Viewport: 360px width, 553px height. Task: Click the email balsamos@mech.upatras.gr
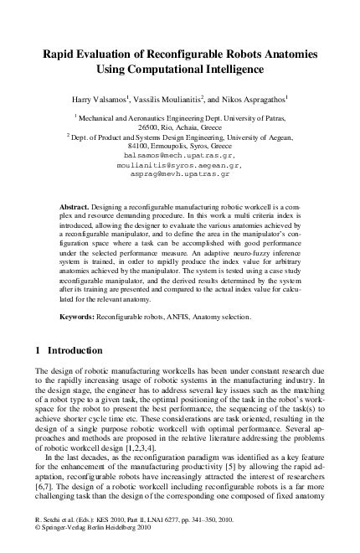pos(180,156)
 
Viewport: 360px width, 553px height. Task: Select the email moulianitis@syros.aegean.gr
pos(180,166)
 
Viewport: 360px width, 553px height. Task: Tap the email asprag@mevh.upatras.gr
pos(180,176)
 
